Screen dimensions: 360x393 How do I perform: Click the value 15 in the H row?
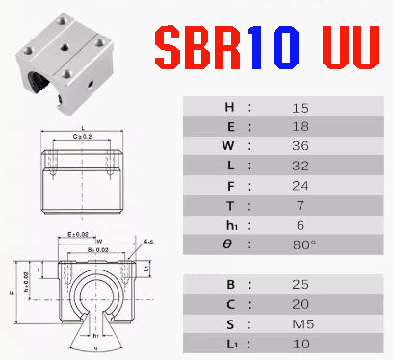tap(301, 108)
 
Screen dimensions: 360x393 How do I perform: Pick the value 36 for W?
tap(301, 147)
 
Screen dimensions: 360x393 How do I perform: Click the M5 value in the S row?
tap(301, 324)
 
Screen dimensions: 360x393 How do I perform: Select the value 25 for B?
tap(301, 285)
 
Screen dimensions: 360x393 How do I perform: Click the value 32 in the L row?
tap(301, 167)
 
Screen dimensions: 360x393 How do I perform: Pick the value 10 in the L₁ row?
tap(301, 344)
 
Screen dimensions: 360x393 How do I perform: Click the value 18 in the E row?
tap(301, 127)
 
